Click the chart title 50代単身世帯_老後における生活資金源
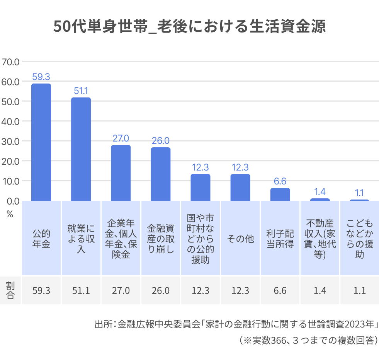[189, 27]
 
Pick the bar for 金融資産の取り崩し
[160, 174]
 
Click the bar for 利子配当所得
[280, 195]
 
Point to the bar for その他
[240, 188]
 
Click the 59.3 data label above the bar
[41, 77]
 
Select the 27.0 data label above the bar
[121, 138]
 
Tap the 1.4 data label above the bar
[320, 191]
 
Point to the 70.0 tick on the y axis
[10, 61]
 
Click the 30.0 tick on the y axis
[10, 141]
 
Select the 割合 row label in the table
[10, 290]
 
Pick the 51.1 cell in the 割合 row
[81, 290]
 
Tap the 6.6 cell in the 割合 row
[280, 290]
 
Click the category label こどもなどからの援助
[359, 239]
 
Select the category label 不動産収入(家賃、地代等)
[320, 239]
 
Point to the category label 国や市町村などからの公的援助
[200, 239]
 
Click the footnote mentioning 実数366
[308, 340]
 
